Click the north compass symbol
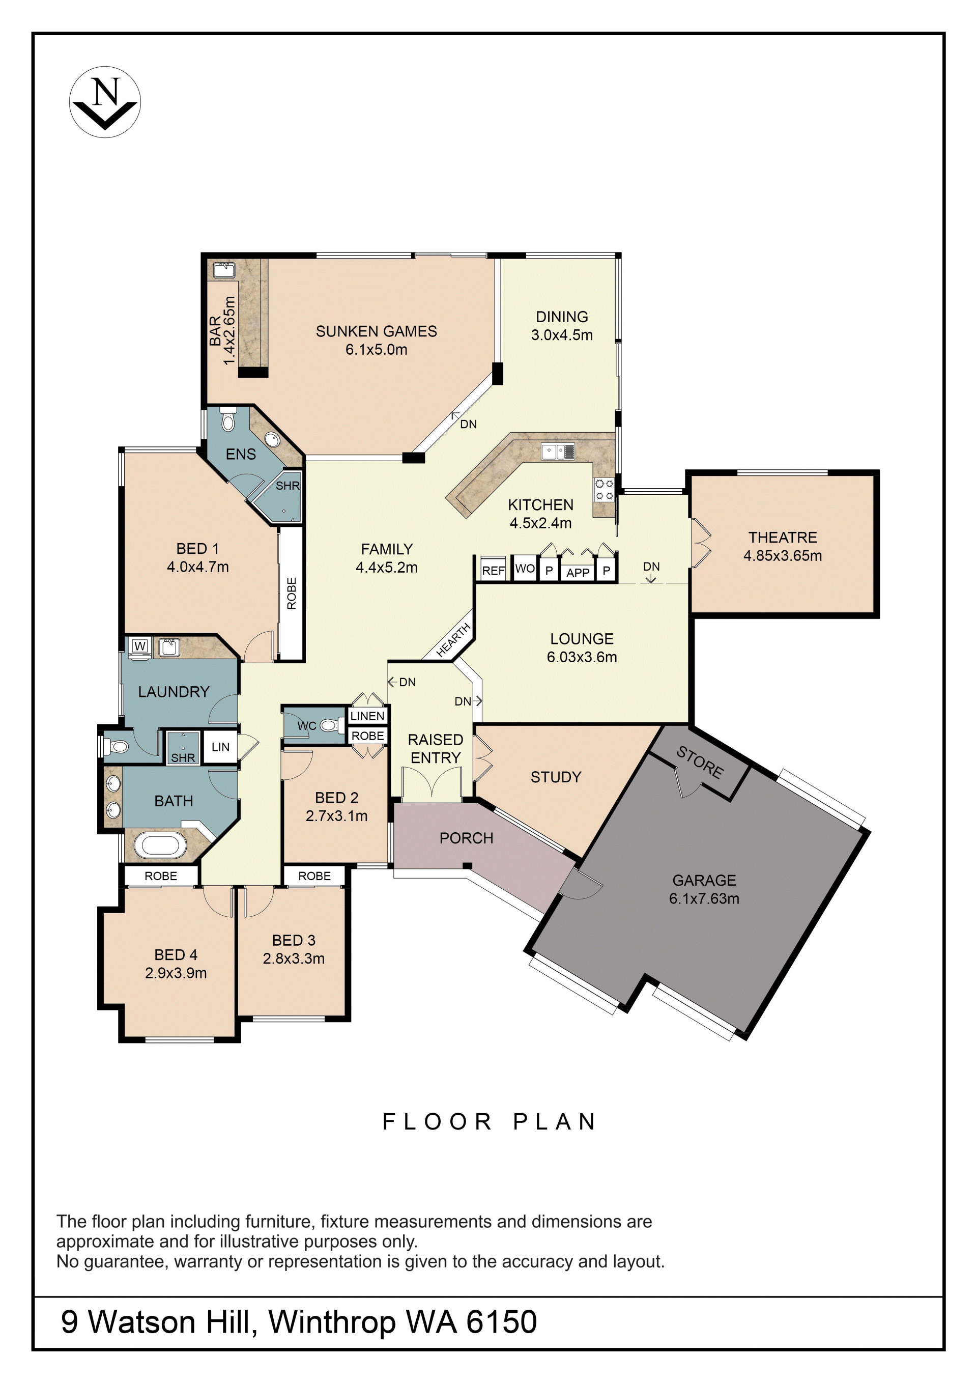coord(105,102)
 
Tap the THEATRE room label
coord(782,538)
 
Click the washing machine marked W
coord(140,646)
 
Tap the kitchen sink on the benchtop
coord(558,452)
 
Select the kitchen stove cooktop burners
coord(604,489)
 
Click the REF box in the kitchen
coord(493,570)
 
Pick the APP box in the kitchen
coord(578,572)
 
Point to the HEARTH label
coord(453,640)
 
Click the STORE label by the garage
coord(700,762)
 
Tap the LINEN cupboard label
coord(367,716)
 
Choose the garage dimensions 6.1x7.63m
coord(704,898)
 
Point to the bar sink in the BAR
coord(224,270)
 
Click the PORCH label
coord(466,838)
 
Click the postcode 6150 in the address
coord(501,1322)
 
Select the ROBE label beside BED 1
coord(292,594)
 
